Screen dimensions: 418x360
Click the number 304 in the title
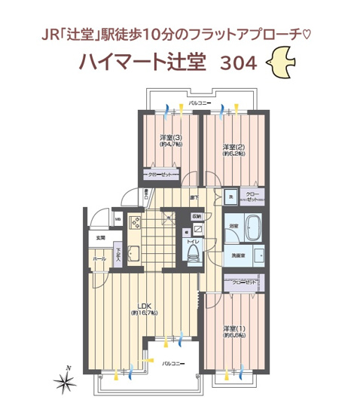coord(236,64)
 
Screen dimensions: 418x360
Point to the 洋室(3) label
coord(171,138)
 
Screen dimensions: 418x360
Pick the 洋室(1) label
coord(234,329)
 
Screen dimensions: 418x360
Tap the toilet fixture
coord(192,250)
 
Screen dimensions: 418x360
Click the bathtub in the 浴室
coord(253,226)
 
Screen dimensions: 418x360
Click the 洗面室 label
coord(238,256)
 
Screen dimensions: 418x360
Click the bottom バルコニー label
coord(174,363)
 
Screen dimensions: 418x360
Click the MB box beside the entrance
coord(117,220)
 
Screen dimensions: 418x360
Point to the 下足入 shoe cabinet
coord(117,256)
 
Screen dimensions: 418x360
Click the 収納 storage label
coord(196,217)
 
